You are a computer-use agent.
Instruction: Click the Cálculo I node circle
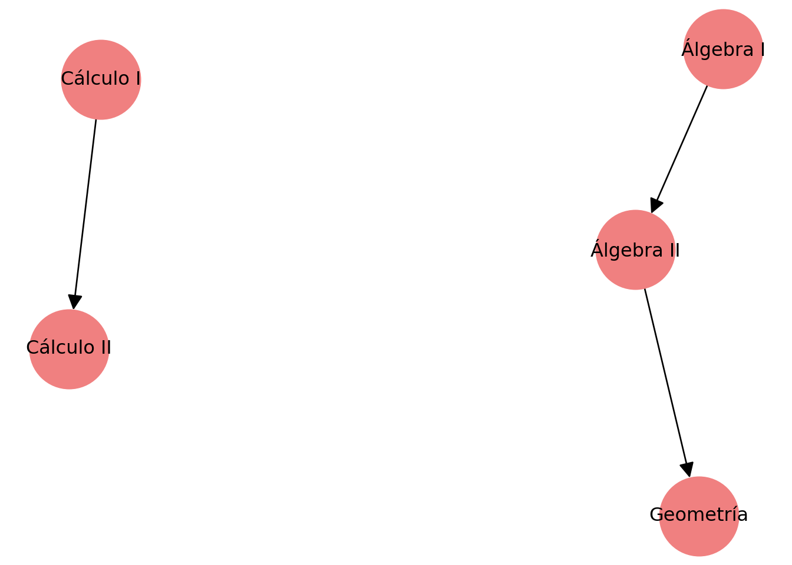[x=101, y=80]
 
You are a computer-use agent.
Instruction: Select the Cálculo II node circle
[x=70, y=349]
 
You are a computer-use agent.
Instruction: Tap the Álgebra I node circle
[x=723, y=49]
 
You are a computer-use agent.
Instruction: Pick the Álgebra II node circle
[x=635, y=250]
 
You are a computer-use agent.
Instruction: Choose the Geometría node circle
[x=699, y=516]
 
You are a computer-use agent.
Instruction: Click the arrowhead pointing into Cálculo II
[x=75, y=302]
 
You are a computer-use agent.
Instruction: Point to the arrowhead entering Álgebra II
[x=656, y=205]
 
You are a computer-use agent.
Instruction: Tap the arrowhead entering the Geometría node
[x=687, y=470]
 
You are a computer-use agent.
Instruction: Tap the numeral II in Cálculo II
[x=105, y=347]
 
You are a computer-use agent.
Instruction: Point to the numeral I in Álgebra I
[x=762, y=50]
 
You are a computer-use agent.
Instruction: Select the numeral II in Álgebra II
[x=674, y=251]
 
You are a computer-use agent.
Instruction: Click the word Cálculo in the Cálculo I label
[x=95, y=78]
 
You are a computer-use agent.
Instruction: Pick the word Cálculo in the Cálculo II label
[x=61, y=347]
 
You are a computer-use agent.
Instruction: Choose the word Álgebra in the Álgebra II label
[x=627, y=249]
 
